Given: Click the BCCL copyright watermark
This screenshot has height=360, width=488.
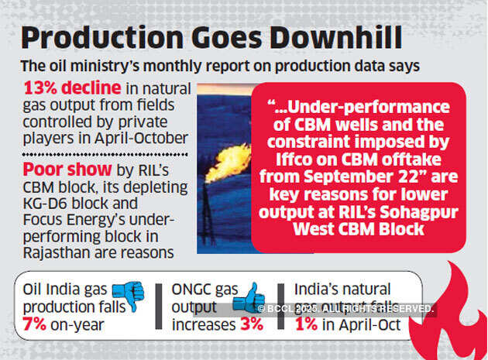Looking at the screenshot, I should tap(344, 308).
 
